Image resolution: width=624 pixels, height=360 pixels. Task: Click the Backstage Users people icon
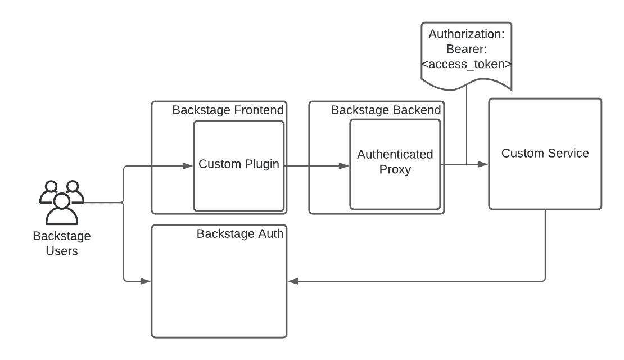tap(62, 202)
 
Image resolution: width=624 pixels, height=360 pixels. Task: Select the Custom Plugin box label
tap(239, 164)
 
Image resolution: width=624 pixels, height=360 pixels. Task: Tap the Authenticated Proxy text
tap(395, 161)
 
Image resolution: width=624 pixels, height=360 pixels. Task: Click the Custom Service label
tap(545, 154)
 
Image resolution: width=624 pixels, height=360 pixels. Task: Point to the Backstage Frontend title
tap(228, 110)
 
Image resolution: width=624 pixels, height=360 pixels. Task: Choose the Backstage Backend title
tap(386, 110)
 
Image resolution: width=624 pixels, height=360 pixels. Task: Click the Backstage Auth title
tap(240, 234)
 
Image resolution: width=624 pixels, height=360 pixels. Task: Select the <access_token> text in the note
tap(467, 64)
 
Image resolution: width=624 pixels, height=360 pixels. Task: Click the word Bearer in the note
tap(464, 49)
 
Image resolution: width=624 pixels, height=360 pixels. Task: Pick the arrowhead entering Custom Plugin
tap(188, 166)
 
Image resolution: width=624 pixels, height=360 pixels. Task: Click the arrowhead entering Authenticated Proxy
tap(344, 166)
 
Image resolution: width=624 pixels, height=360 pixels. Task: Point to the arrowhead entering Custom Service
tap(483, 164)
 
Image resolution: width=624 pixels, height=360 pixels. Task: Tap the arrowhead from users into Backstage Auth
tap(146, 281)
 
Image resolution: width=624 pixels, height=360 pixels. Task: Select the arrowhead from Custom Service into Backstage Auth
tap(293, 281)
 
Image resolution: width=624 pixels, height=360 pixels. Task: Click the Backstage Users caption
tap(62, 244)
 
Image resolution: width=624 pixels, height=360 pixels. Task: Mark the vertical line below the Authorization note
tap(467, 125)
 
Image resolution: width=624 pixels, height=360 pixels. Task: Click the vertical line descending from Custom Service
tap(545, 245)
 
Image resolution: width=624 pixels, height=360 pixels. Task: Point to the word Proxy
tap(395, 170)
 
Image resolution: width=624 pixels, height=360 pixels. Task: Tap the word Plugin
tap(262, 164)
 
